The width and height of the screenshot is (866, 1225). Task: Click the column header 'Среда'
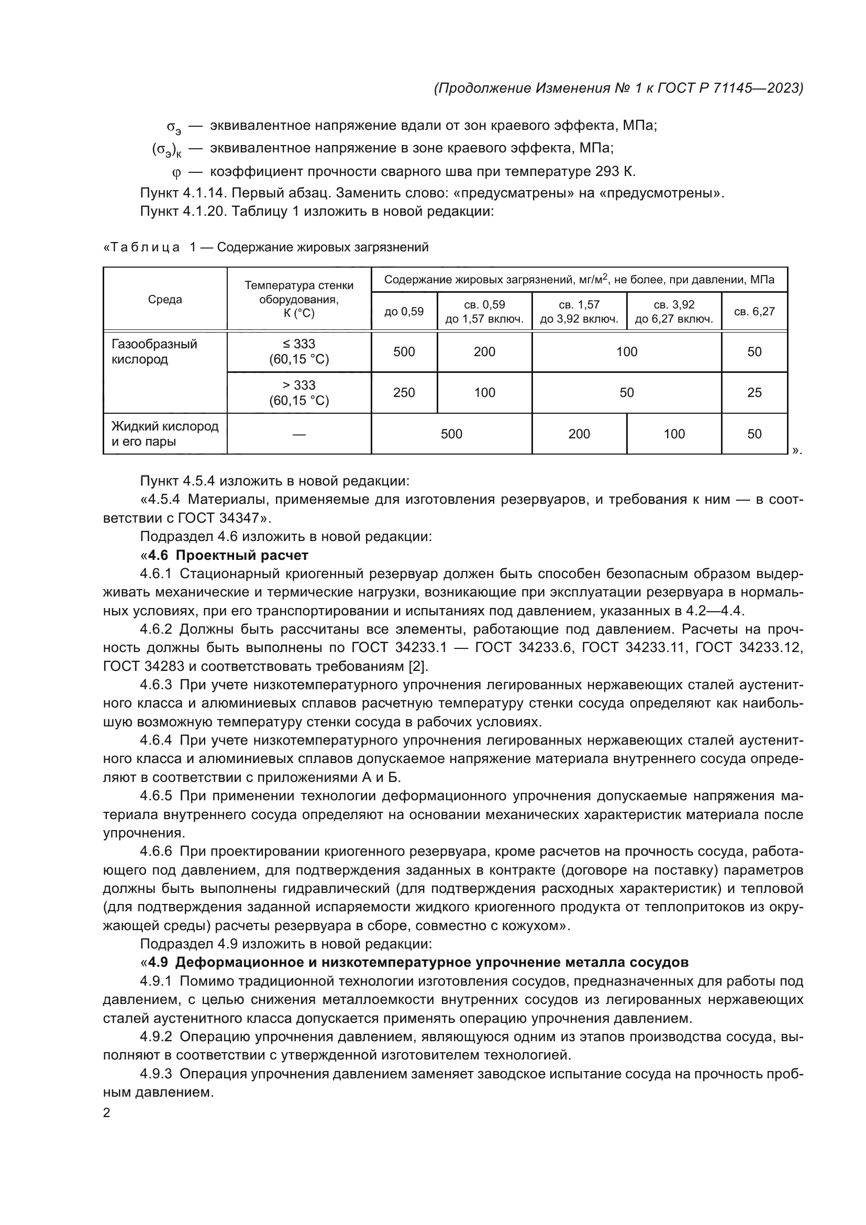(165, 300)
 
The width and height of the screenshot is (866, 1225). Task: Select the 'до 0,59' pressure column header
(404, 312)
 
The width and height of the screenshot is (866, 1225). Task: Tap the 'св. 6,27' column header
(754, 312)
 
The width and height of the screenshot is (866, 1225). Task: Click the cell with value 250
(404, 393)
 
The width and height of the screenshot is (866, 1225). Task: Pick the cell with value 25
(754, 393)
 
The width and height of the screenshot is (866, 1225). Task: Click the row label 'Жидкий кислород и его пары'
(165, 434)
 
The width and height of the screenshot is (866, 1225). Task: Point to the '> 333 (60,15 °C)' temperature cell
(298, 393)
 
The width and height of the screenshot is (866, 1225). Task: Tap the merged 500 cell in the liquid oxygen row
(451, 434)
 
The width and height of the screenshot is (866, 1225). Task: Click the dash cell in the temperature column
(298, 434)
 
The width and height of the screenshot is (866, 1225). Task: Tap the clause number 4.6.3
(156, 685)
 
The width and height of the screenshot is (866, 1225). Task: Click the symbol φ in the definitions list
(176, 172)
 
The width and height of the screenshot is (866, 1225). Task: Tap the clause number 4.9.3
(156, 1074)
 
